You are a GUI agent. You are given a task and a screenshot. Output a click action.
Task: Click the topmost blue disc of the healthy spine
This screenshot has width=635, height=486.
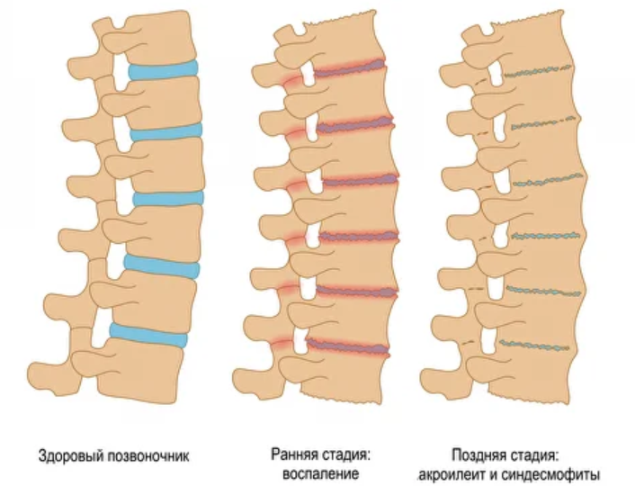click(x=163, y=69)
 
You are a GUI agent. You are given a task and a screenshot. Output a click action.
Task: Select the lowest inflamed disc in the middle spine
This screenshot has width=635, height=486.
click(x=349, y=345)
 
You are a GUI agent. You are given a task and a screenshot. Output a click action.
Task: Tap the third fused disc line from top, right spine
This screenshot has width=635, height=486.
click(x=545, y=181)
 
